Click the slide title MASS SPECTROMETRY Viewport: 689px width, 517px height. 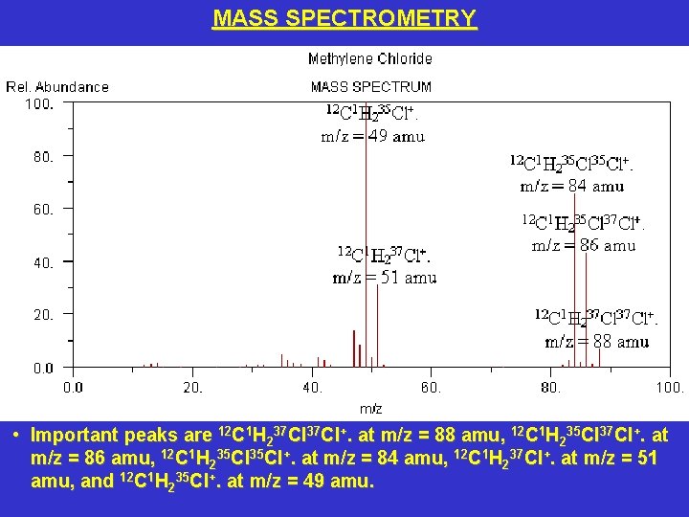(344, 18)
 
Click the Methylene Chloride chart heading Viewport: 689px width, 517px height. (370, 59)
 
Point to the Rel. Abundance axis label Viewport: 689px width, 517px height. (57, 86)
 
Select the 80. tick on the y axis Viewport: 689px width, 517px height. (43, 155)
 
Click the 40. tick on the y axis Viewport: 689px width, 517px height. (43, 261)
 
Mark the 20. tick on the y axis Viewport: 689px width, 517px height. (43, 314)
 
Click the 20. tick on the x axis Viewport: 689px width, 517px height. (193, 388)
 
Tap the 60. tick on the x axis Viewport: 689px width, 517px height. (432, 388)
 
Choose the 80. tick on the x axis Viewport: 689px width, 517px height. (551, 388)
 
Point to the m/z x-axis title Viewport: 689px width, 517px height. (370, 409)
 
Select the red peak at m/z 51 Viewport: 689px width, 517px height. (378, 326)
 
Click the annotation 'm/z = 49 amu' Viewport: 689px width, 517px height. (372, 136)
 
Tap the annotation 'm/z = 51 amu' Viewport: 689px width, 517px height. (384, 279)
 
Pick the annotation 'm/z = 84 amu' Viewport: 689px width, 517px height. (572, 186)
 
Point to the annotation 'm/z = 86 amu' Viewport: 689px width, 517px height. (584, 245)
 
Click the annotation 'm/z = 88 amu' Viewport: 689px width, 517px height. (597, 341)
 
